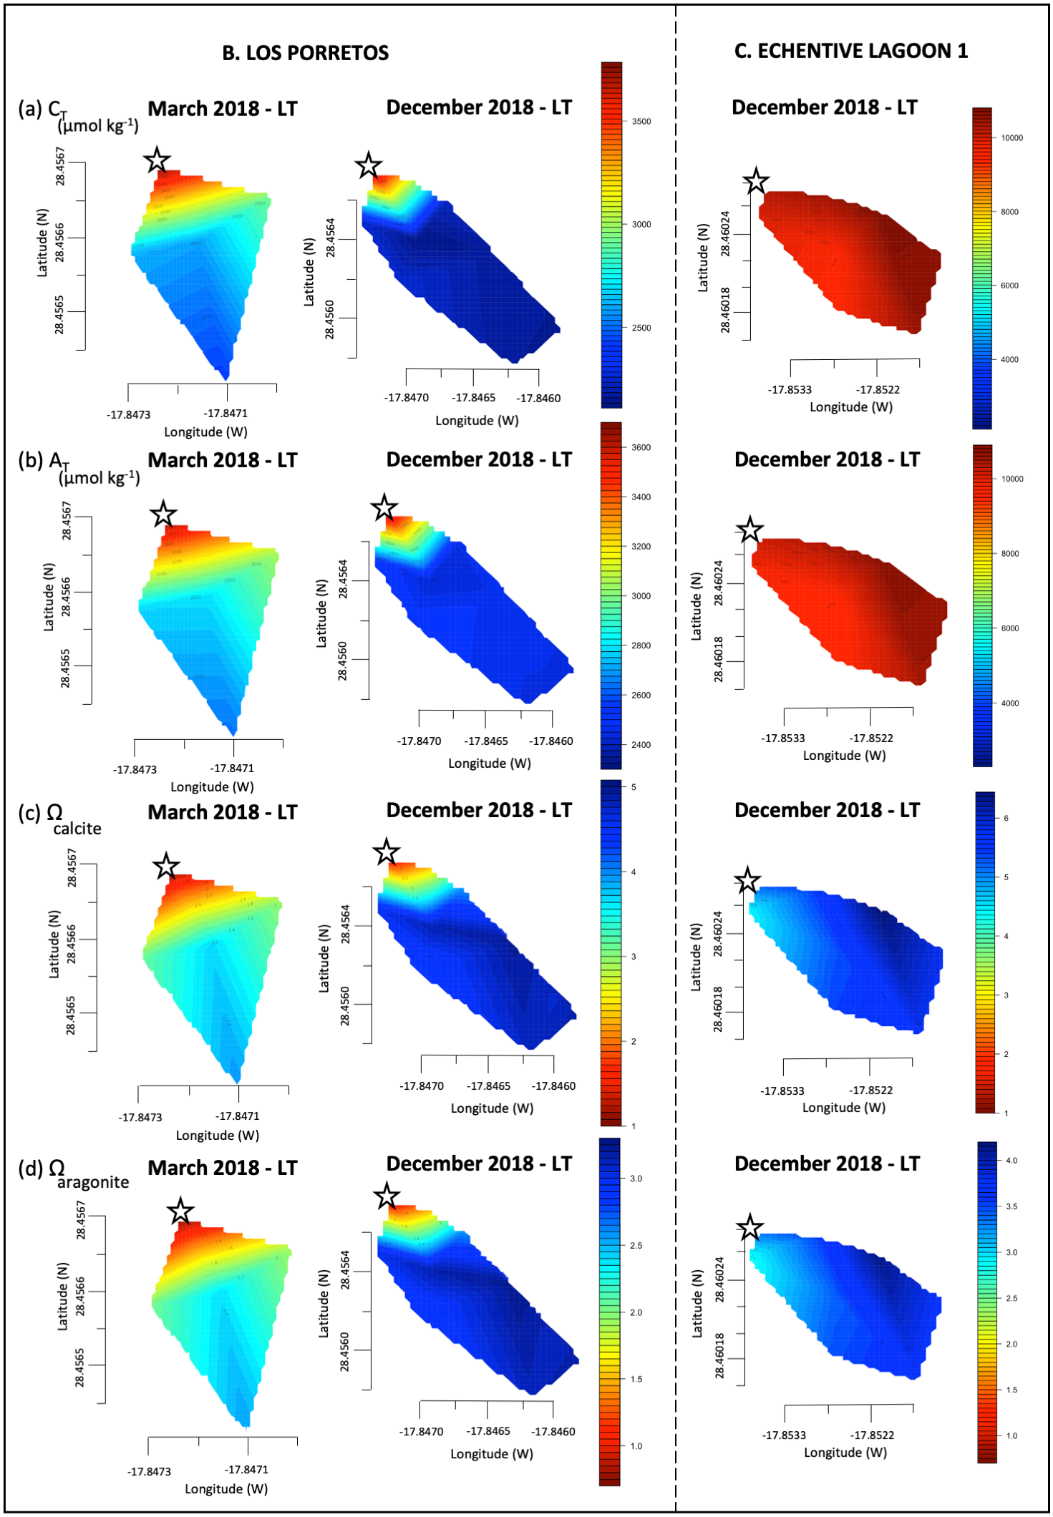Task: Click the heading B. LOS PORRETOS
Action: click(x=306, y=53)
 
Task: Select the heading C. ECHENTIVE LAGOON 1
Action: click(x=850, y=51)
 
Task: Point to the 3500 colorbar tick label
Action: click(x=641, y=122)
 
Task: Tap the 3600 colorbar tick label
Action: click(x=641, y=448)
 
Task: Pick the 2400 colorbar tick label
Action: click(x=641, y=745)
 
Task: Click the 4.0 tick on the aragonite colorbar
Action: click(x=1011, y=1161)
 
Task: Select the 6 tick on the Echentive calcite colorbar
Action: click(x=1006, y=818)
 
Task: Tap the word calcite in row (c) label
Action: click(x=77, y=829)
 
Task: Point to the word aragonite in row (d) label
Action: click(x=93, y=1182)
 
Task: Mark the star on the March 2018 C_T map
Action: click(x=157, y=160)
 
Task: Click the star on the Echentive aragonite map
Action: click(x=749, y=1229)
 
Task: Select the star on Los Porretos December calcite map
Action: click(x=387, y=852)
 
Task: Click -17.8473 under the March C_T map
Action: click(x=129, y=414)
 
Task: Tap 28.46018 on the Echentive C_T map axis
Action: click(x=725, y=310)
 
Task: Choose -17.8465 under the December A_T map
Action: click(x=486, y=741)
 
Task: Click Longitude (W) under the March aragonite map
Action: click(x=226, y=1489)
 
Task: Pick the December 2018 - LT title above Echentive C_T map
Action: click(x=824, y=107)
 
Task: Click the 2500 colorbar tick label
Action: click(x=641, y=328)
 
